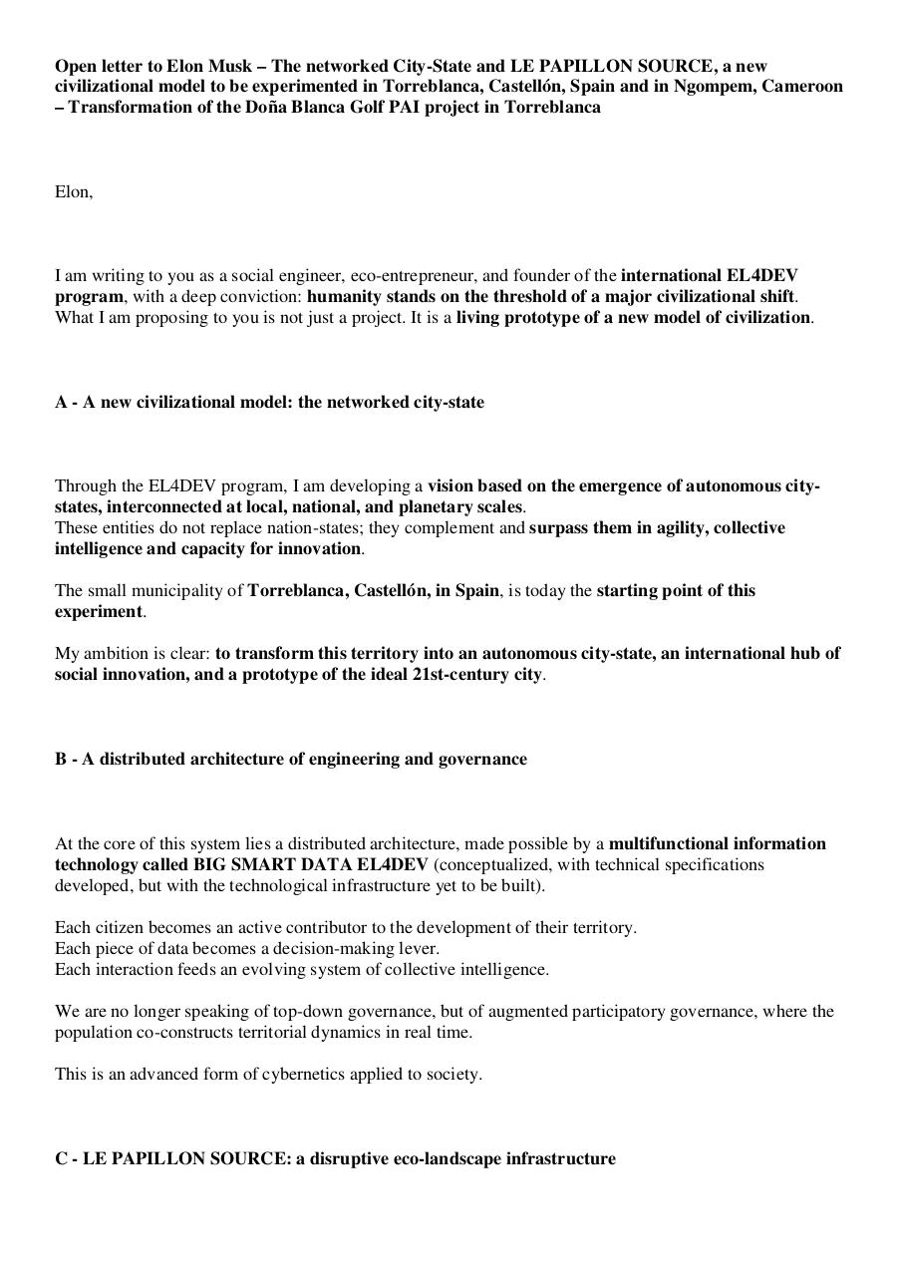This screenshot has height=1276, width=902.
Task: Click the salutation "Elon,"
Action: tap(74, 191)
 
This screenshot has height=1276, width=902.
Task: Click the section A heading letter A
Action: tap(61, 402)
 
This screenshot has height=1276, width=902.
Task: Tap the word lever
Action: tap(418, 948)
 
